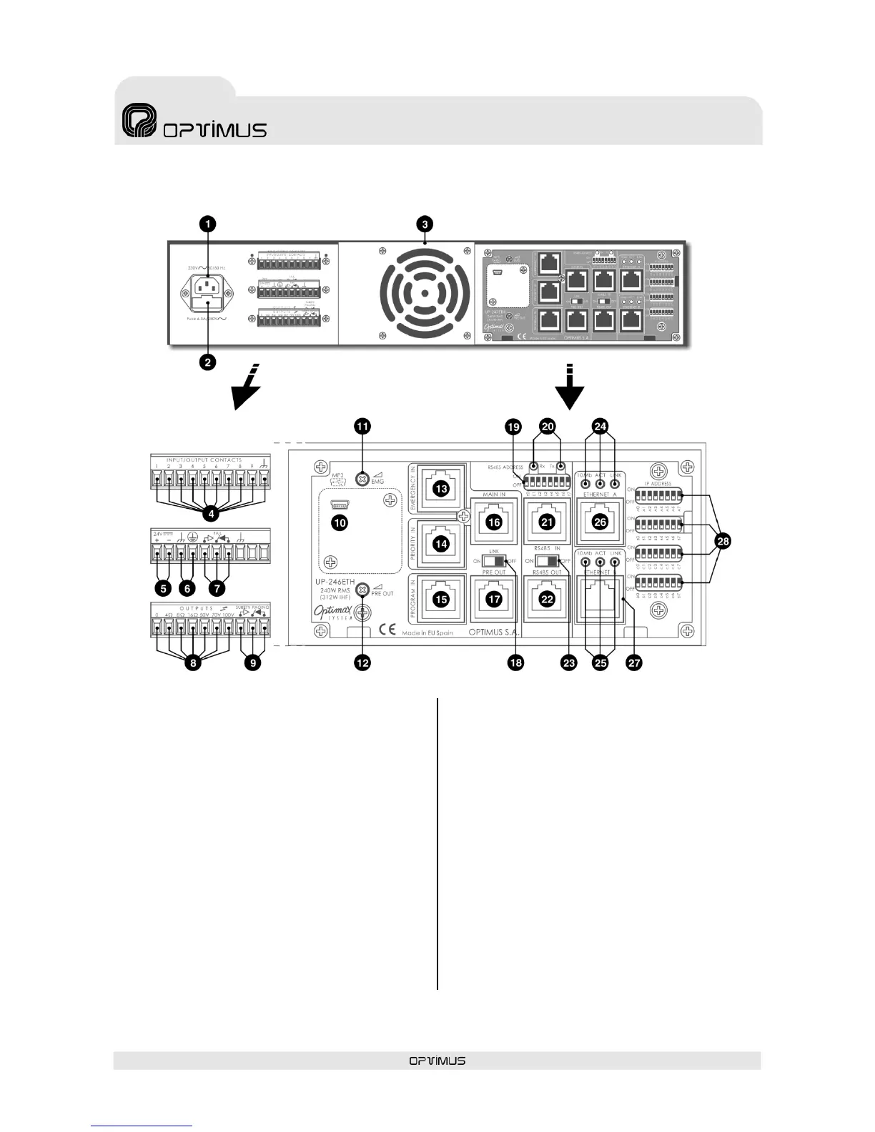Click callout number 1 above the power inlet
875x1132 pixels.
point(207,224)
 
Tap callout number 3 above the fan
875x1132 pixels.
point(425,224)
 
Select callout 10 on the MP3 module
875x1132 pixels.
point(340,523)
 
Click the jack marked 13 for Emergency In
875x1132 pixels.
point(441,489)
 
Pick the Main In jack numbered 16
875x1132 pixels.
point(494,522)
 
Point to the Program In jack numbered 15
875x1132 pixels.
point(441,600)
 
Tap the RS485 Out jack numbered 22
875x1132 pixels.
point(547,600)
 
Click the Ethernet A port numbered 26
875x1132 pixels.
point(600,522)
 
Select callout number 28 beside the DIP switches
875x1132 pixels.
point(723,542)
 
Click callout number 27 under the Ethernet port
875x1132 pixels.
point(633,663)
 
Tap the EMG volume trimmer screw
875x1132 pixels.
point(362,478)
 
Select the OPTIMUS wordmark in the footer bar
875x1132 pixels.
point(437,1061)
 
